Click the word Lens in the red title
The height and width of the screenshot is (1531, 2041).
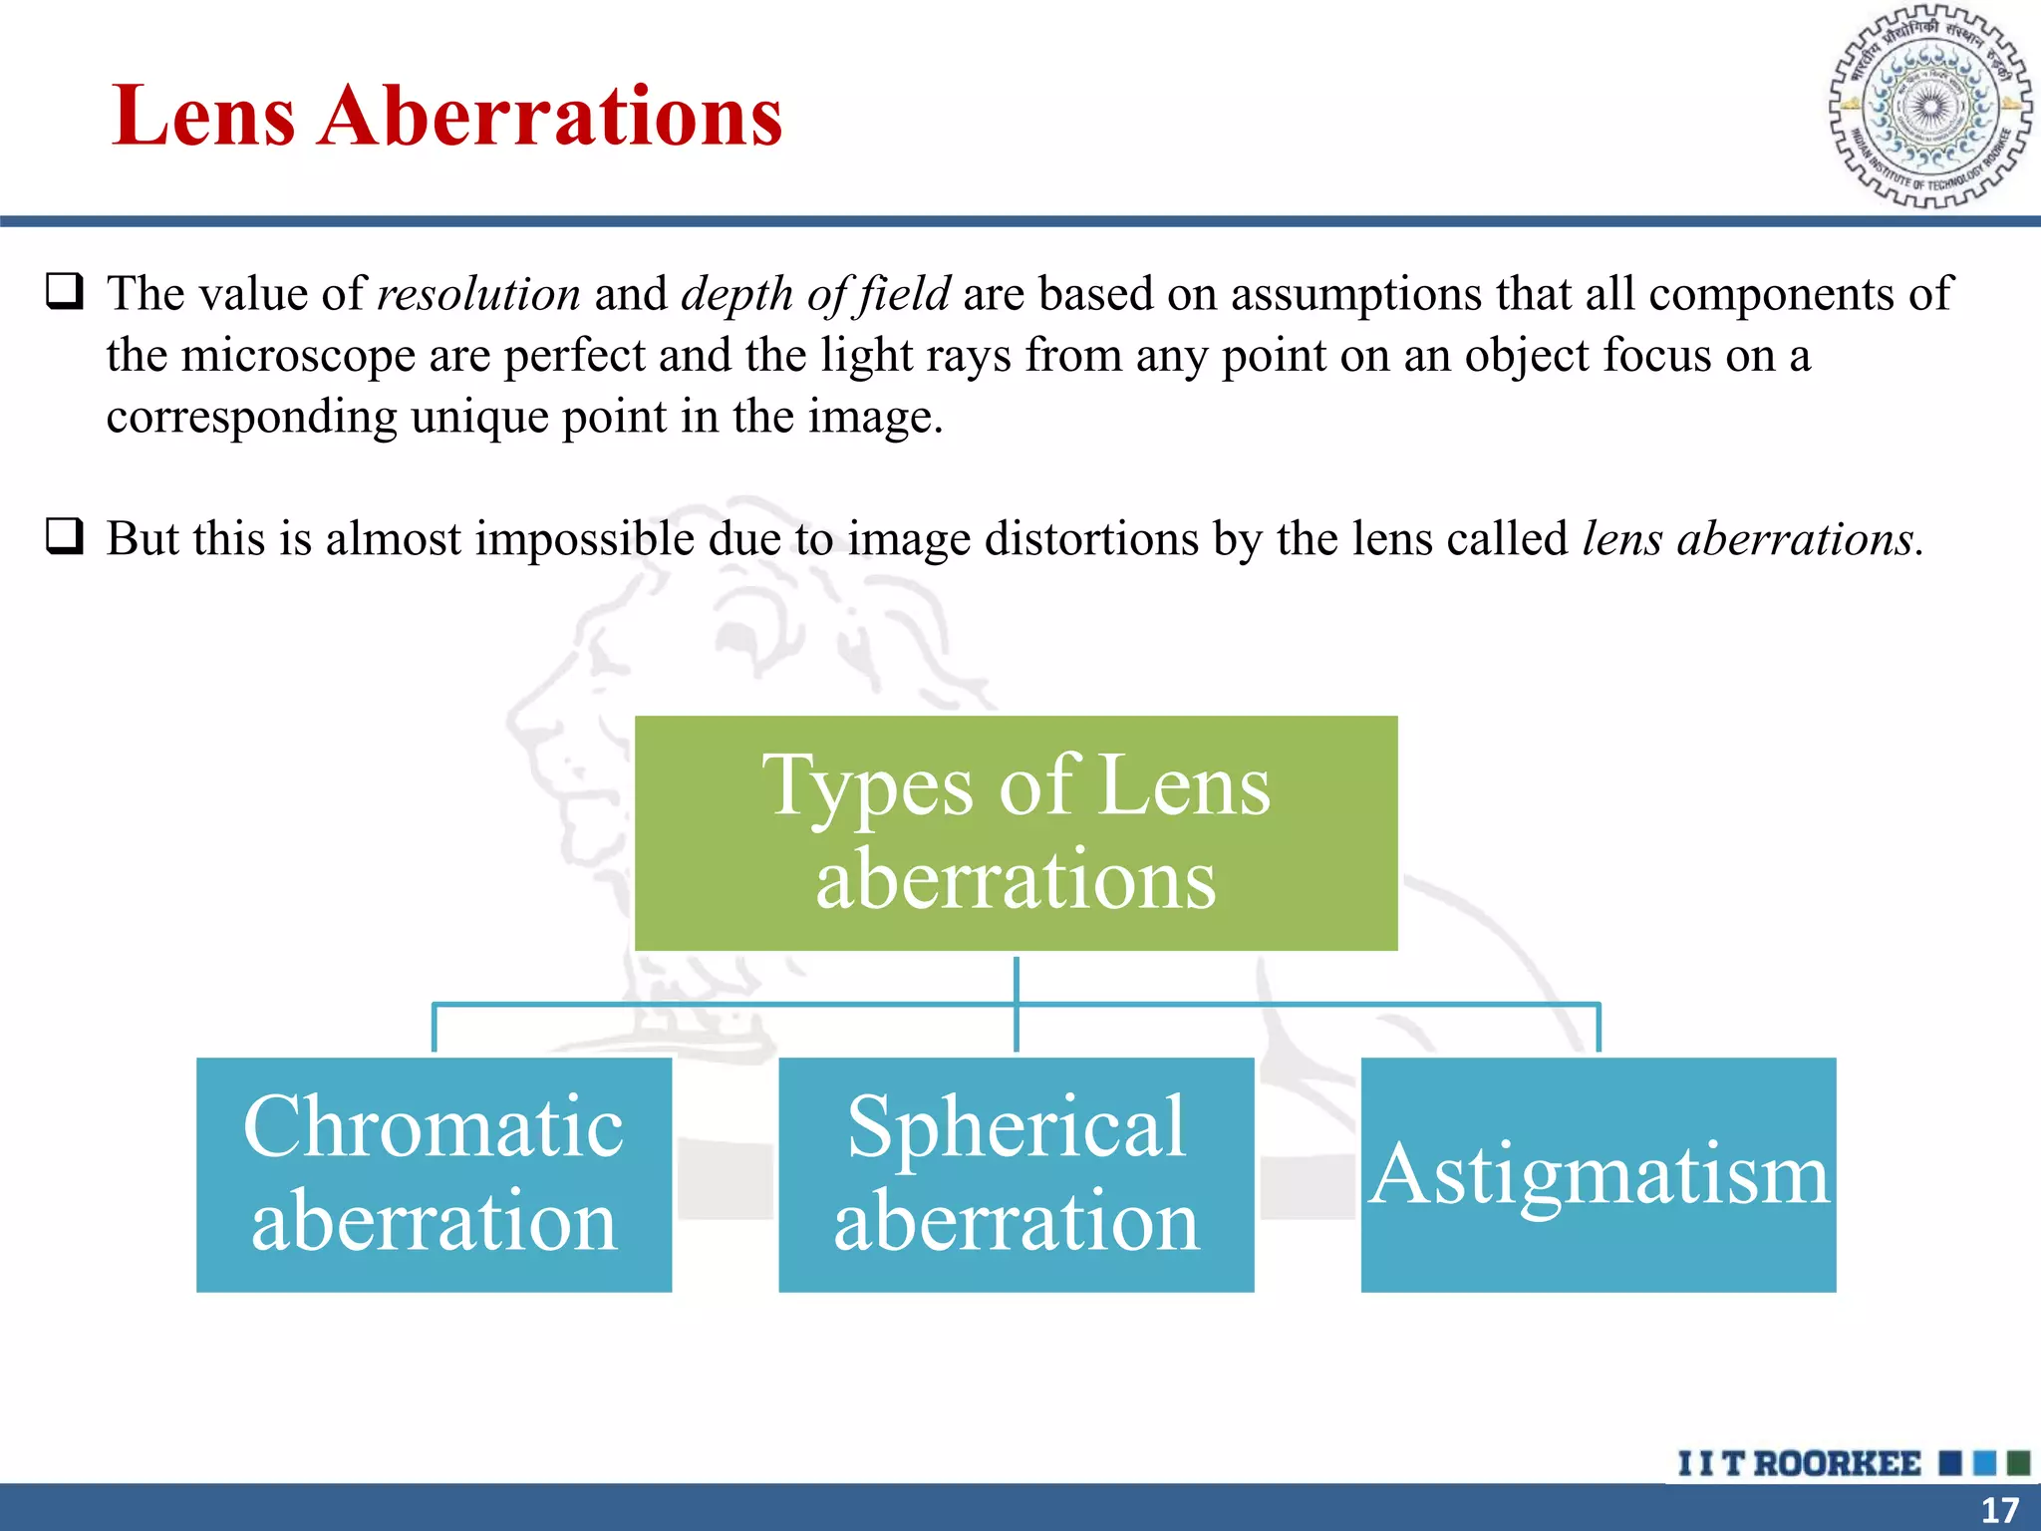pos(204,117)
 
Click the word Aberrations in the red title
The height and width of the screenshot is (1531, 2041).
pos(550,117)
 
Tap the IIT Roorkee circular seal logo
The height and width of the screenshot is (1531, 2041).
pos(1930,107)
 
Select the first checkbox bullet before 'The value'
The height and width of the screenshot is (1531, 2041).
pos(65,291)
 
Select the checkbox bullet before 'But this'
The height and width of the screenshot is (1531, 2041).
pos(65,536)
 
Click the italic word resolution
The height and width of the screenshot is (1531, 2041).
pos(478,294)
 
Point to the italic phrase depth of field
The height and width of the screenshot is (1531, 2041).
pos(815,294)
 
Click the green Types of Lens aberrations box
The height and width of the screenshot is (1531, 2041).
pos(1016,833)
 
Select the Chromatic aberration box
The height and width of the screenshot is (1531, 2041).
pos(434,1174)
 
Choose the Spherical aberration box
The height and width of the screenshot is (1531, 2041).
pos(1016,1174)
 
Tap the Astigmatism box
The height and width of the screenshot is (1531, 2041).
pos(1598,1174)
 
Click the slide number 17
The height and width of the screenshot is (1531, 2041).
pos(1999,1510)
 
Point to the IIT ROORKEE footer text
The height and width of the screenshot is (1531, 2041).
pos(1799,1463)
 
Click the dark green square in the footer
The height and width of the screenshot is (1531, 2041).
pos(2018,1463)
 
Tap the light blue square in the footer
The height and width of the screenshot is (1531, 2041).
pos(1984,1463)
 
